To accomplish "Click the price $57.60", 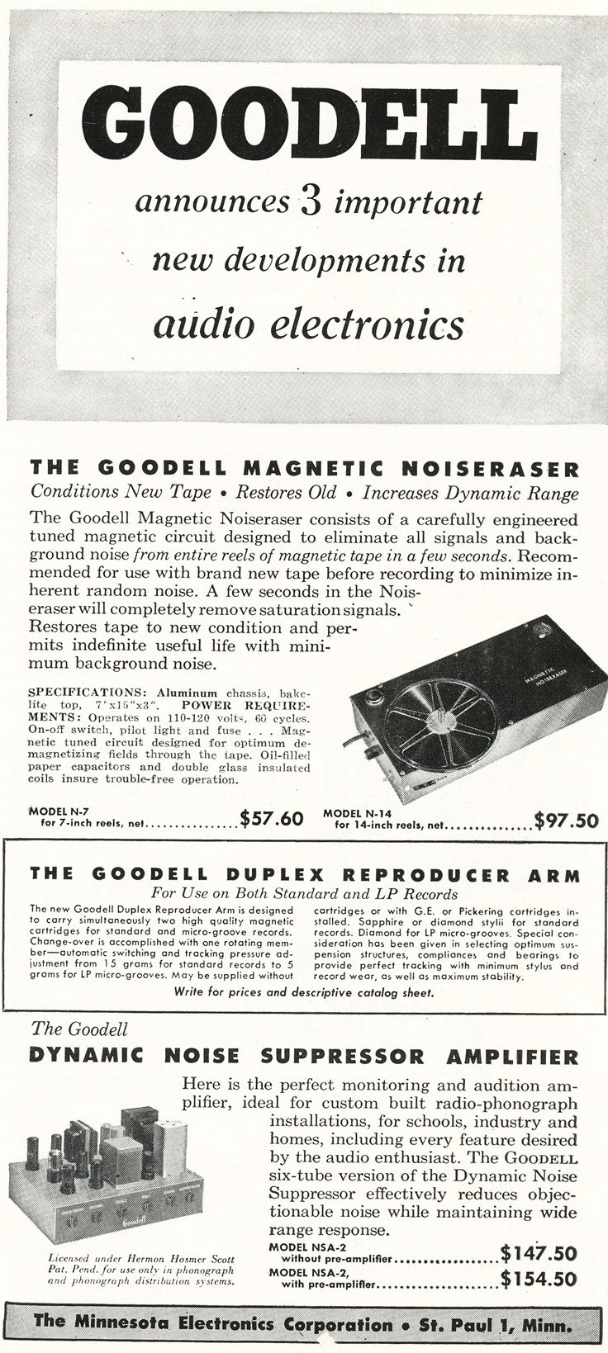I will [272, 818].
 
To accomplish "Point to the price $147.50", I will [538, 1253].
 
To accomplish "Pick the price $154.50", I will [538, 1279].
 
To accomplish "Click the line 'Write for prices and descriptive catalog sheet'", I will [304, 992].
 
